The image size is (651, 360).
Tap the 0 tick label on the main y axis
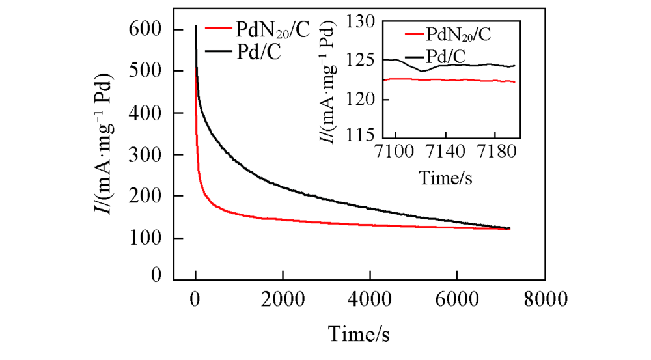click(x=156, y=276)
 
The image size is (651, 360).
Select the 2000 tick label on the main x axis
click(x=282, y=300)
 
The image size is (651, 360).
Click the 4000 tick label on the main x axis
click(x=369, y=300)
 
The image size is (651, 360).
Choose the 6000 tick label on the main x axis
click(x=456, y=300)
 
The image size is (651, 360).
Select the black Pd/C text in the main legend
click(x=256, y=52)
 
